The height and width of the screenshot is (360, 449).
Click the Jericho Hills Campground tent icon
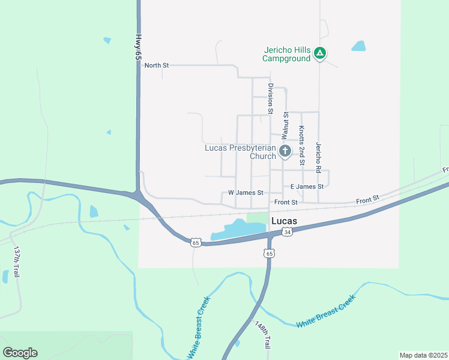[x=321, y=54]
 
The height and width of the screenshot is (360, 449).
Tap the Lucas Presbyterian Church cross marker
[x=285, y=151]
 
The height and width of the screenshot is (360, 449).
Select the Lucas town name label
[x=285, y=221]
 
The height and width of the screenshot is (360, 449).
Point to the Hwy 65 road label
[x=138, y=46]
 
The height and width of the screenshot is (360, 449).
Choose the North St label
[x=157, y=65]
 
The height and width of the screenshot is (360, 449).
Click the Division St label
[x=271, y=99]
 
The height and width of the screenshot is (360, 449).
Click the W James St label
[x=246, y=193]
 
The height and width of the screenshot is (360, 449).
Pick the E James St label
[x=307, y=187]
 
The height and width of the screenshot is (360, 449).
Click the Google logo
[x=20, y=353]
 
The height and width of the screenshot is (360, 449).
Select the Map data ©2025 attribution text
[x=423, y=355]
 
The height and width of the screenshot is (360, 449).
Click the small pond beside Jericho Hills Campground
[x=358, y=46]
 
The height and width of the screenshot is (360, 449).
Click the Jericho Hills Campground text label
[x=286, y=54]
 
